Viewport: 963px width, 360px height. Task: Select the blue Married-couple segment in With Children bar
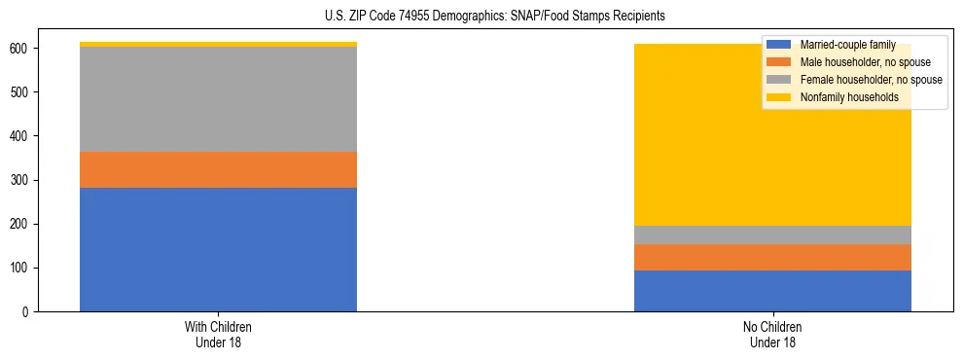click(x=218, y=249)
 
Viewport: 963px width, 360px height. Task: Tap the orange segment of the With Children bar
click(x=218, y=169)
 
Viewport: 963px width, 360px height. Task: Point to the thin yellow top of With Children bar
click(x=218, y=44)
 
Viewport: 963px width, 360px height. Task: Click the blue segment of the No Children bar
click(x=772, y=291)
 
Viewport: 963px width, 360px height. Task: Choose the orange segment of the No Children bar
click(x=772, y=257)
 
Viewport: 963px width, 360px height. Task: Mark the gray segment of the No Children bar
click(x=772, y=234)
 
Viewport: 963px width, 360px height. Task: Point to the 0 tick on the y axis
click(x=33, y=312)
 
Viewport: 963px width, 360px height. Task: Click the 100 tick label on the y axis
click(x=27, y=269)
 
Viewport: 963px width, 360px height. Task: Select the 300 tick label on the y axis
click(x=27, y=180)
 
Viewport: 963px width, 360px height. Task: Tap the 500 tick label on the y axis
click(x=27, y=92)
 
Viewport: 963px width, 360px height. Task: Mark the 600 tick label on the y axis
click(x=27, y=49)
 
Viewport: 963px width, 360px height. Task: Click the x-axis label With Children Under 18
click(x=218, y=334)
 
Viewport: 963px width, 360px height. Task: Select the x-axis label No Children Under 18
click(x=772, y=334)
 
